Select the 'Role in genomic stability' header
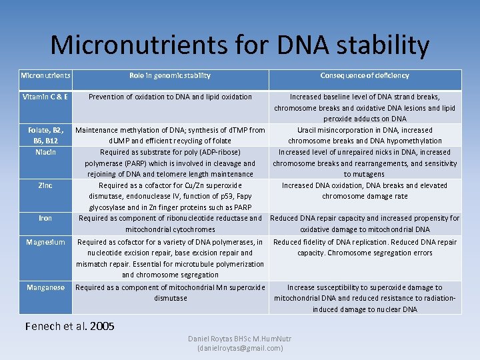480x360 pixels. (170, 76)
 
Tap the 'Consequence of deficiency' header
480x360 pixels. (365, 76)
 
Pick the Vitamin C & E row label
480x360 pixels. (45, 97)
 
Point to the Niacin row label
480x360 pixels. (45, 152)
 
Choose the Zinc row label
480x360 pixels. (45, 185)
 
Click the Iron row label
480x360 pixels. (45, 218)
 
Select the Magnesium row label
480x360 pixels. (45, 242)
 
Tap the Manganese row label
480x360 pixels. (45, 288)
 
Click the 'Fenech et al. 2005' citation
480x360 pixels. (69, 327)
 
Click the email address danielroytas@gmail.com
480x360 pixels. (240, 348)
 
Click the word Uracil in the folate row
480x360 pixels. (309, 130)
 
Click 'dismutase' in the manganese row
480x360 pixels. (170, 299)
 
